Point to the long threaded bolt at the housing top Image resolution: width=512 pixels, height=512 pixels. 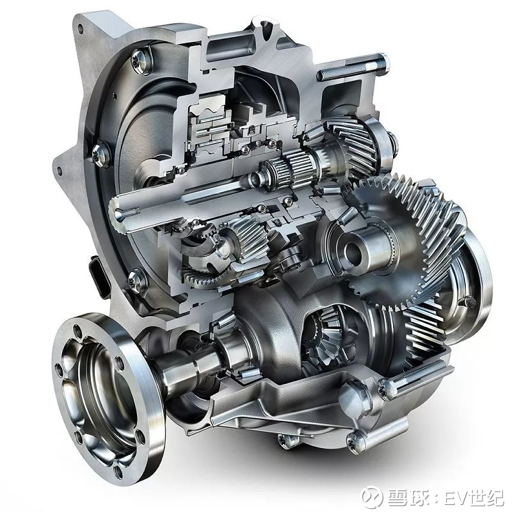pos(353,67)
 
